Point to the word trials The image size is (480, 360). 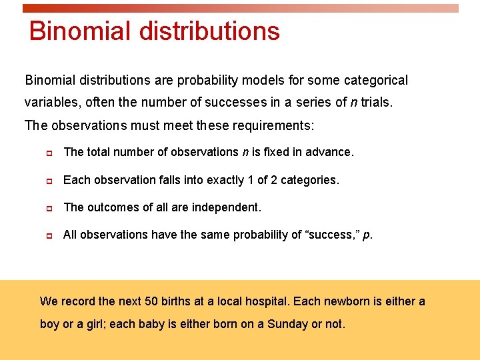(378, 103)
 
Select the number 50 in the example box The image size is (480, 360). (151, 301)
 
